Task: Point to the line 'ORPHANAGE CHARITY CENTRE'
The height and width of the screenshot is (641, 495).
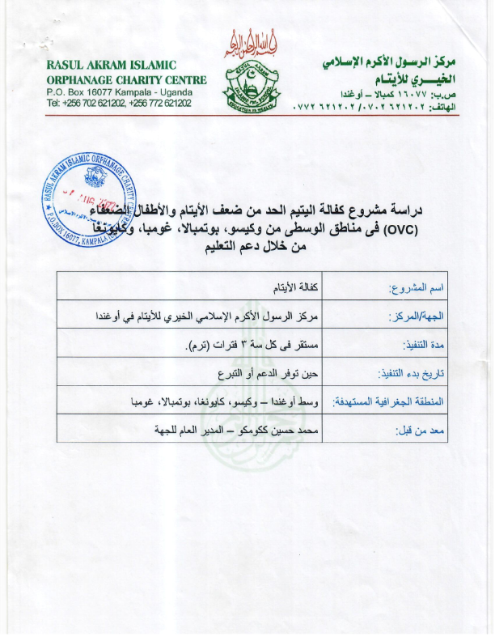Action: point(127,79)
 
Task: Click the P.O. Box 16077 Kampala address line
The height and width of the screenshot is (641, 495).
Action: point(125,92)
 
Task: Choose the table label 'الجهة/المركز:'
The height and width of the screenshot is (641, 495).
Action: point(412,316)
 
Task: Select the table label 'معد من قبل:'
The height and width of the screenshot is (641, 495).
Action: point(421,431)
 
